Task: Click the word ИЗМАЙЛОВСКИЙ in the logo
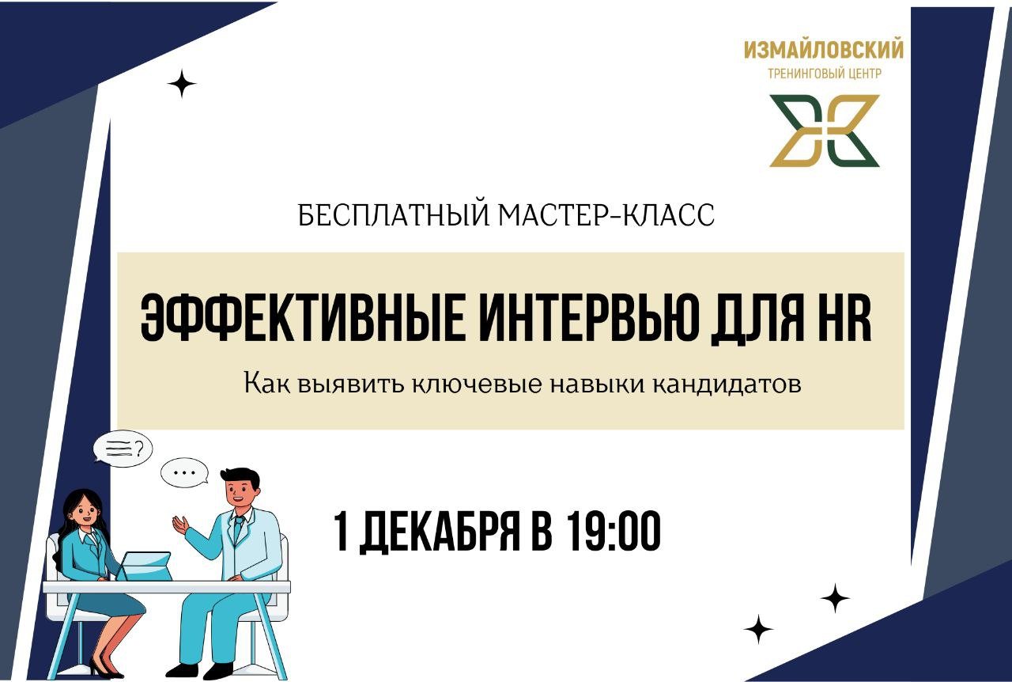click(823, 51)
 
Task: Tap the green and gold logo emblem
click(825, 131)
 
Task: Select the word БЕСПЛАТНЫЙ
click(395, 215)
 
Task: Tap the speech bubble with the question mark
click(123, 449)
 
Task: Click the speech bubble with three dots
click(184, 473)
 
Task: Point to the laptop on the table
click(145, 566)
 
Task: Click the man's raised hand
click(180, 524)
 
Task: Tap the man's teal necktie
click(236, 529)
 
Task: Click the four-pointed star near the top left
click(181, 84)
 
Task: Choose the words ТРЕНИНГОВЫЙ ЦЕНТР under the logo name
click(825, 74)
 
